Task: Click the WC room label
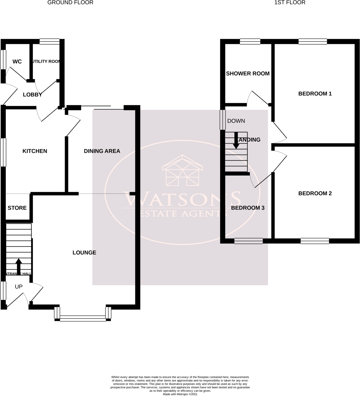17,62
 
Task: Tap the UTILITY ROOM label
46,61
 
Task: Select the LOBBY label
32,95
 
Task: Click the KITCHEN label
34,151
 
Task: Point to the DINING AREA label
102,151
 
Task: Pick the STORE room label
17,208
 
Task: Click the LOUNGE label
84,252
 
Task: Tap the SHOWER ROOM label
247,73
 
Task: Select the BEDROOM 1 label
315,94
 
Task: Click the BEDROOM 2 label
315,194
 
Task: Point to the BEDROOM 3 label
247,208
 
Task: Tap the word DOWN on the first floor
236,121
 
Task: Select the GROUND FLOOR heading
70,3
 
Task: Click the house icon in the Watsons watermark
182,171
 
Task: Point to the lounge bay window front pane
83,318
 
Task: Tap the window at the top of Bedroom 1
313,41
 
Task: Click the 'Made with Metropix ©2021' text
180,394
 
